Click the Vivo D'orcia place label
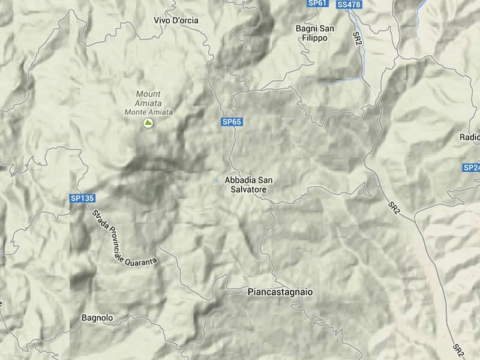coord(176,20)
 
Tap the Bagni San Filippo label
coord(315,32)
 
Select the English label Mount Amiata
coord(148,98)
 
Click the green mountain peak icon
coord(148,123)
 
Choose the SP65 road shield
coord(232,122)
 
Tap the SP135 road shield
coord(82,198)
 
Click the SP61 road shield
coord(317,3)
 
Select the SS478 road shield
coord(349,5)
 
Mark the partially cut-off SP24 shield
coord(472,168)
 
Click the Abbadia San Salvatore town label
coord(245,184)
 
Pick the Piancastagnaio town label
coord(280,292)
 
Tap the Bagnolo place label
coord(97,317)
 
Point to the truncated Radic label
coord(469,137)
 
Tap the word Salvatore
coord(245,189)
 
